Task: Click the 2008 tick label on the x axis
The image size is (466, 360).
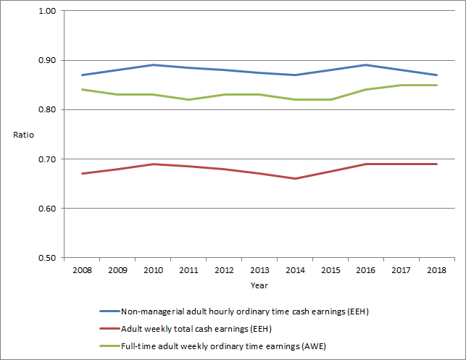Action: pos(81,270)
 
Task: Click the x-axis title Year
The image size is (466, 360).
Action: pos(259,285)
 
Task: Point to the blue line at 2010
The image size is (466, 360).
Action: pos(152,64)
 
